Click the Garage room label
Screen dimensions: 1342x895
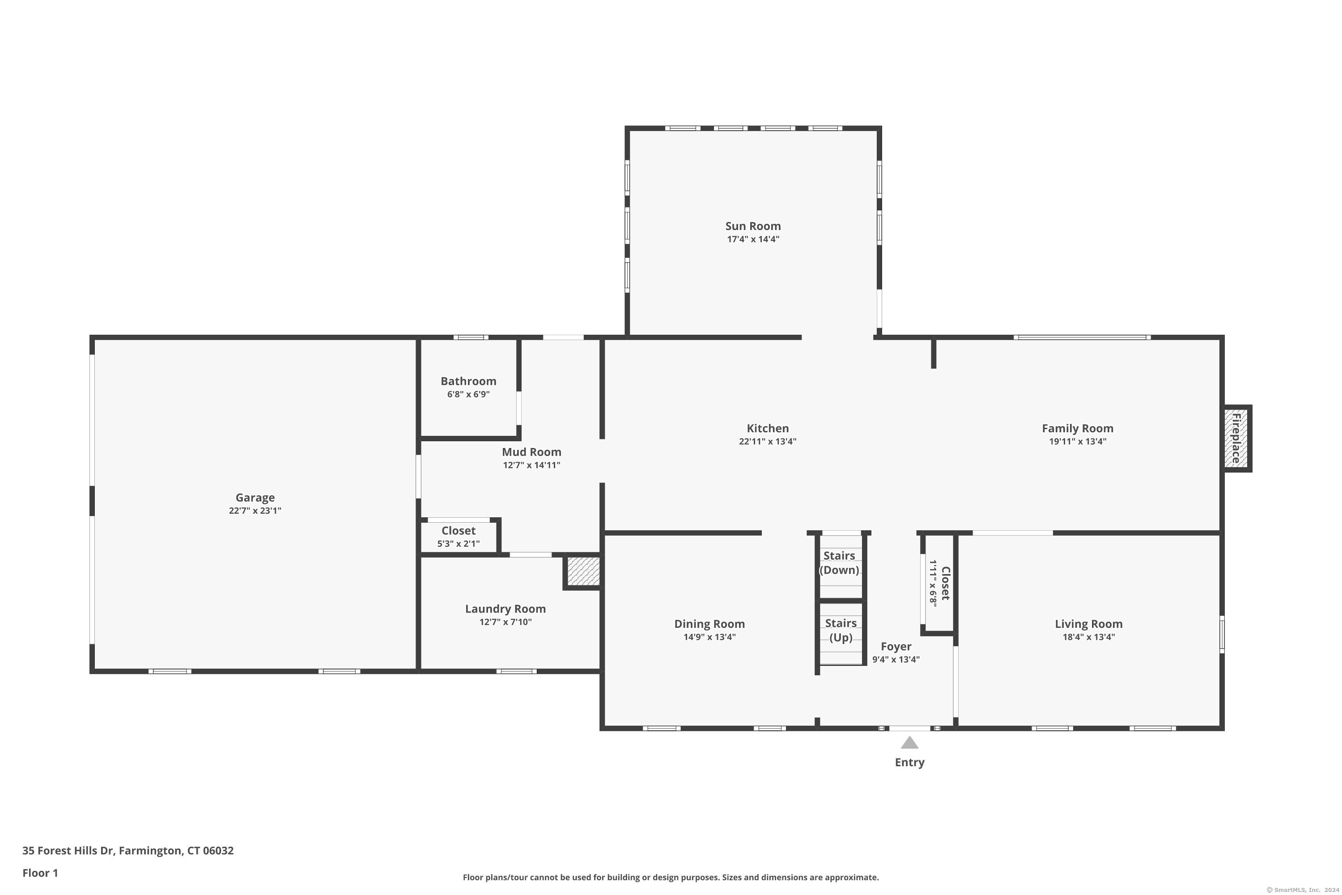255,498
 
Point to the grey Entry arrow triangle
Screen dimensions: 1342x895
909,742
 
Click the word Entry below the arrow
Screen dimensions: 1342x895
909,763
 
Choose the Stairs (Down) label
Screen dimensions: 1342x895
839,563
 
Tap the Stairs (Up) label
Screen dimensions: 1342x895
841,630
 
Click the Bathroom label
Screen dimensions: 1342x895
468,381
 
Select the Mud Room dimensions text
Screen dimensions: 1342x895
531,465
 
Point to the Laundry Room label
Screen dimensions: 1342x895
505,609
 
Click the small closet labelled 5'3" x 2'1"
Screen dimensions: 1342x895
459,537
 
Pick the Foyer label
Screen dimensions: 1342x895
896,647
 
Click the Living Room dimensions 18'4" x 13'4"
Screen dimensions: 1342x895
1089,637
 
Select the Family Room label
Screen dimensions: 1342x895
1077,429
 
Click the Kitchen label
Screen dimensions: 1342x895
768,428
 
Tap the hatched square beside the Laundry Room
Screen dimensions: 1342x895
582,571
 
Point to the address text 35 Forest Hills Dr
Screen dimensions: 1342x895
68,851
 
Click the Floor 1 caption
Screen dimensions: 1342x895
40,873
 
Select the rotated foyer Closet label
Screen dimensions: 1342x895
946,584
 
